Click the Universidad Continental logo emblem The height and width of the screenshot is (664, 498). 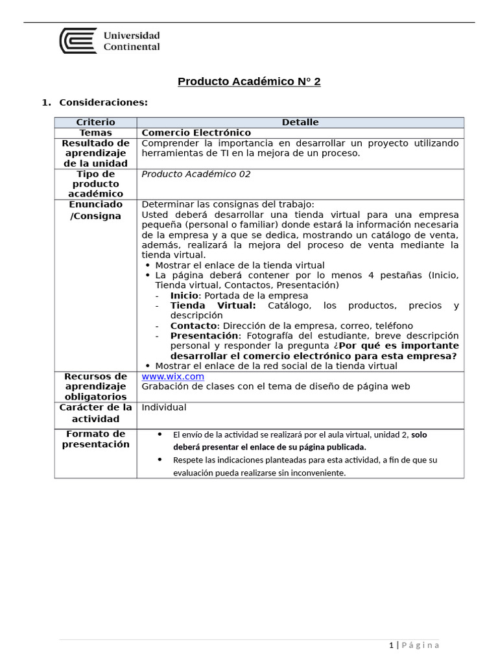coord(78,40)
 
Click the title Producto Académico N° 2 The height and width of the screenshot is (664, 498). coord(249,82)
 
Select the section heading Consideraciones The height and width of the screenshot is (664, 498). coord(103,102)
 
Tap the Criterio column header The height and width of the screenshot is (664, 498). coord(95,123)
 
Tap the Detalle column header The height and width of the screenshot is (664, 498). coord(300,123)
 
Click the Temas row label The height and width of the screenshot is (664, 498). coord(95,133)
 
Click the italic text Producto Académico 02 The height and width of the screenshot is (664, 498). coord(196,174)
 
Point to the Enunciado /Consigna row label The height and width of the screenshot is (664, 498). coord(95,210)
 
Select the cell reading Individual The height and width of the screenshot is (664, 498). coord(163,408)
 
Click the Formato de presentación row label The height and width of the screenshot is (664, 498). coord(95,439)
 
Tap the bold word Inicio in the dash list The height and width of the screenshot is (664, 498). coord(184,296)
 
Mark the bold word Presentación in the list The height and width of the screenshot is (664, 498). coord(204,336)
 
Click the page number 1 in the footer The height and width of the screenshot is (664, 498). coord(391,645)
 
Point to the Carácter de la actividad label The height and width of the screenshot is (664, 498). coord(95,413)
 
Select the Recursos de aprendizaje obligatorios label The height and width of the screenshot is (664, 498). coord(95,386)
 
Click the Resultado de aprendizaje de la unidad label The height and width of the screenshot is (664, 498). coord(95,154)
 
